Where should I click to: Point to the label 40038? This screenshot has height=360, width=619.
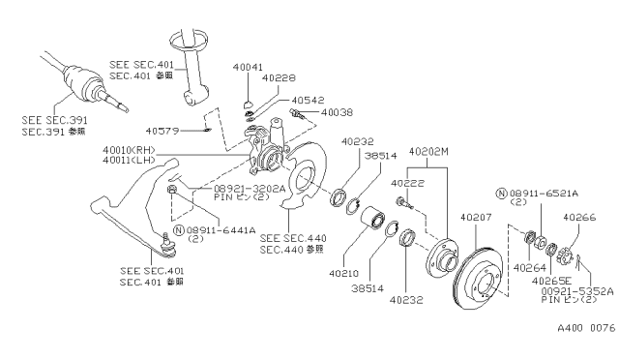tap(337, 113)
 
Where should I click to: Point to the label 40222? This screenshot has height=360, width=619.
tap(406, 182)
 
